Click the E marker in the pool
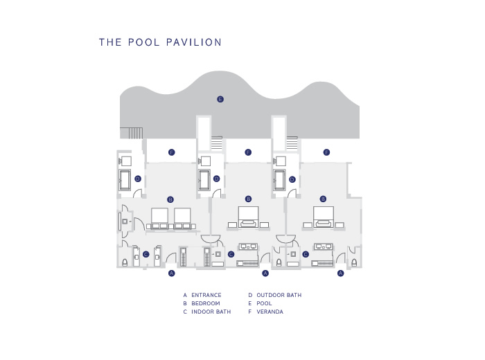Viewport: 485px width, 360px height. pos(220,99)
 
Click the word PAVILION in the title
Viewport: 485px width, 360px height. pos(194,42)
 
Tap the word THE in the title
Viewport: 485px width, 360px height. pos(110,42)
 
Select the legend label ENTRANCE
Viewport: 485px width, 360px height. pos(206,295)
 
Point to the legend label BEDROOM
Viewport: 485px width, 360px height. pos(206,303)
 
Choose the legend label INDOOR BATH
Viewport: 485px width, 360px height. pos(211,312)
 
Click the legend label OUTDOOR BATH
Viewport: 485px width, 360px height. pos(279,295)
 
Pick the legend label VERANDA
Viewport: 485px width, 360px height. pos(270,312)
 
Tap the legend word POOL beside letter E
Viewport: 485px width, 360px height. pos(264,303)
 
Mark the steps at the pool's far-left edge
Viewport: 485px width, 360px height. pos(132,133)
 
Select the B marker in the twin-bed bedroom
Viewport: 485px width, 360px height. pos(170,199)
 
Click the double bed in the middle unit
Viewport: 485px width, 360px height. pos(248,217)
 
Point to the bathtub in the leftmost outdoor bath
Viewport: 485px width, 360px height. pos(125,180)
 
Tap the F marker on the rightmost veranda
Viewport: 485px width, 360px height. pos(326,152)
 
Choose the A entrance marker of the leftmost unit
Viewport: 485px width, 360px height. pos(172,273)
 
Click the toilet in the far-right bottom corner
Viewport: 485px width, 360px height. pos(354,262)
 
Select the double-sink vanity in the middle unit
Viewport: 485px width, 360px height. pos(248,246)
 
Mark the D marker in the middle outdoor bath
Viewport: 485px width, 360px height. pos(216,179)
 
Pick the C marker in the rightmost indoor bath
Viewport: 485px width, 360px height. pos(306,254)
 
